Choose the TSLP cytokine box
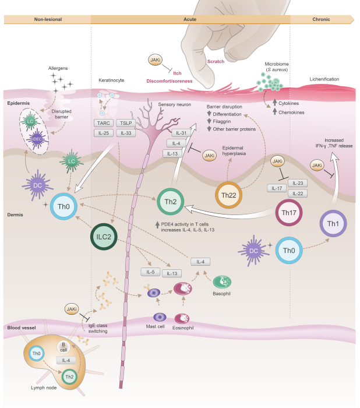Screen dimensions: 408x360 tap(125, 123)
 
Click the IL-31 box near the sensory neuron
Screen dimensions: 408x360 tap(181, 133)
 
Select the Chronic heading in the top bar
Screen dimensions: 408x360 tap(320, 19)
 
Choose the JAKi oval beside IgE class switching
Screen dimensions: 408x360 tap(73, 310)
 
